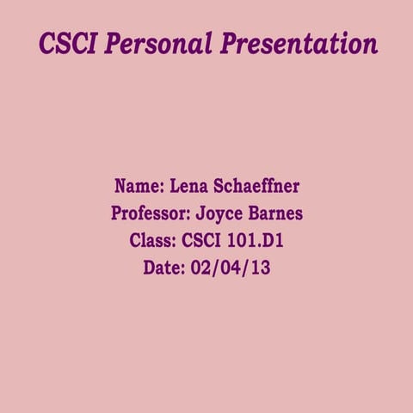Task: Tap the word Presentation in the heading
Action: (x=299, y=43)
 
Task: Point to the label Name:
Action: (x=139, y=186)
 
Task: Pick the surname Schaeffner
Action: (x=258, y=186)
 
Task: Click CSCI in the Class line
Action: (x=205, y=240)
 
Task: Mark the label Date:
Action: (x=163, y=268)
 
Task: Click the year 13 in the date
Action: (x=260, y=268)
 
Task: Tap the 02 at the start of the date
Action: (x=201, y=268)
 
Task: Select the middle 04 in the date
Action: (x=231, y=268)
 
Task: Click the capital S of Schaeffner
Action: (x=224, y=186)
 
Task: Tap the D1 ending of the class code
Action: (x=274, y=240)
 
